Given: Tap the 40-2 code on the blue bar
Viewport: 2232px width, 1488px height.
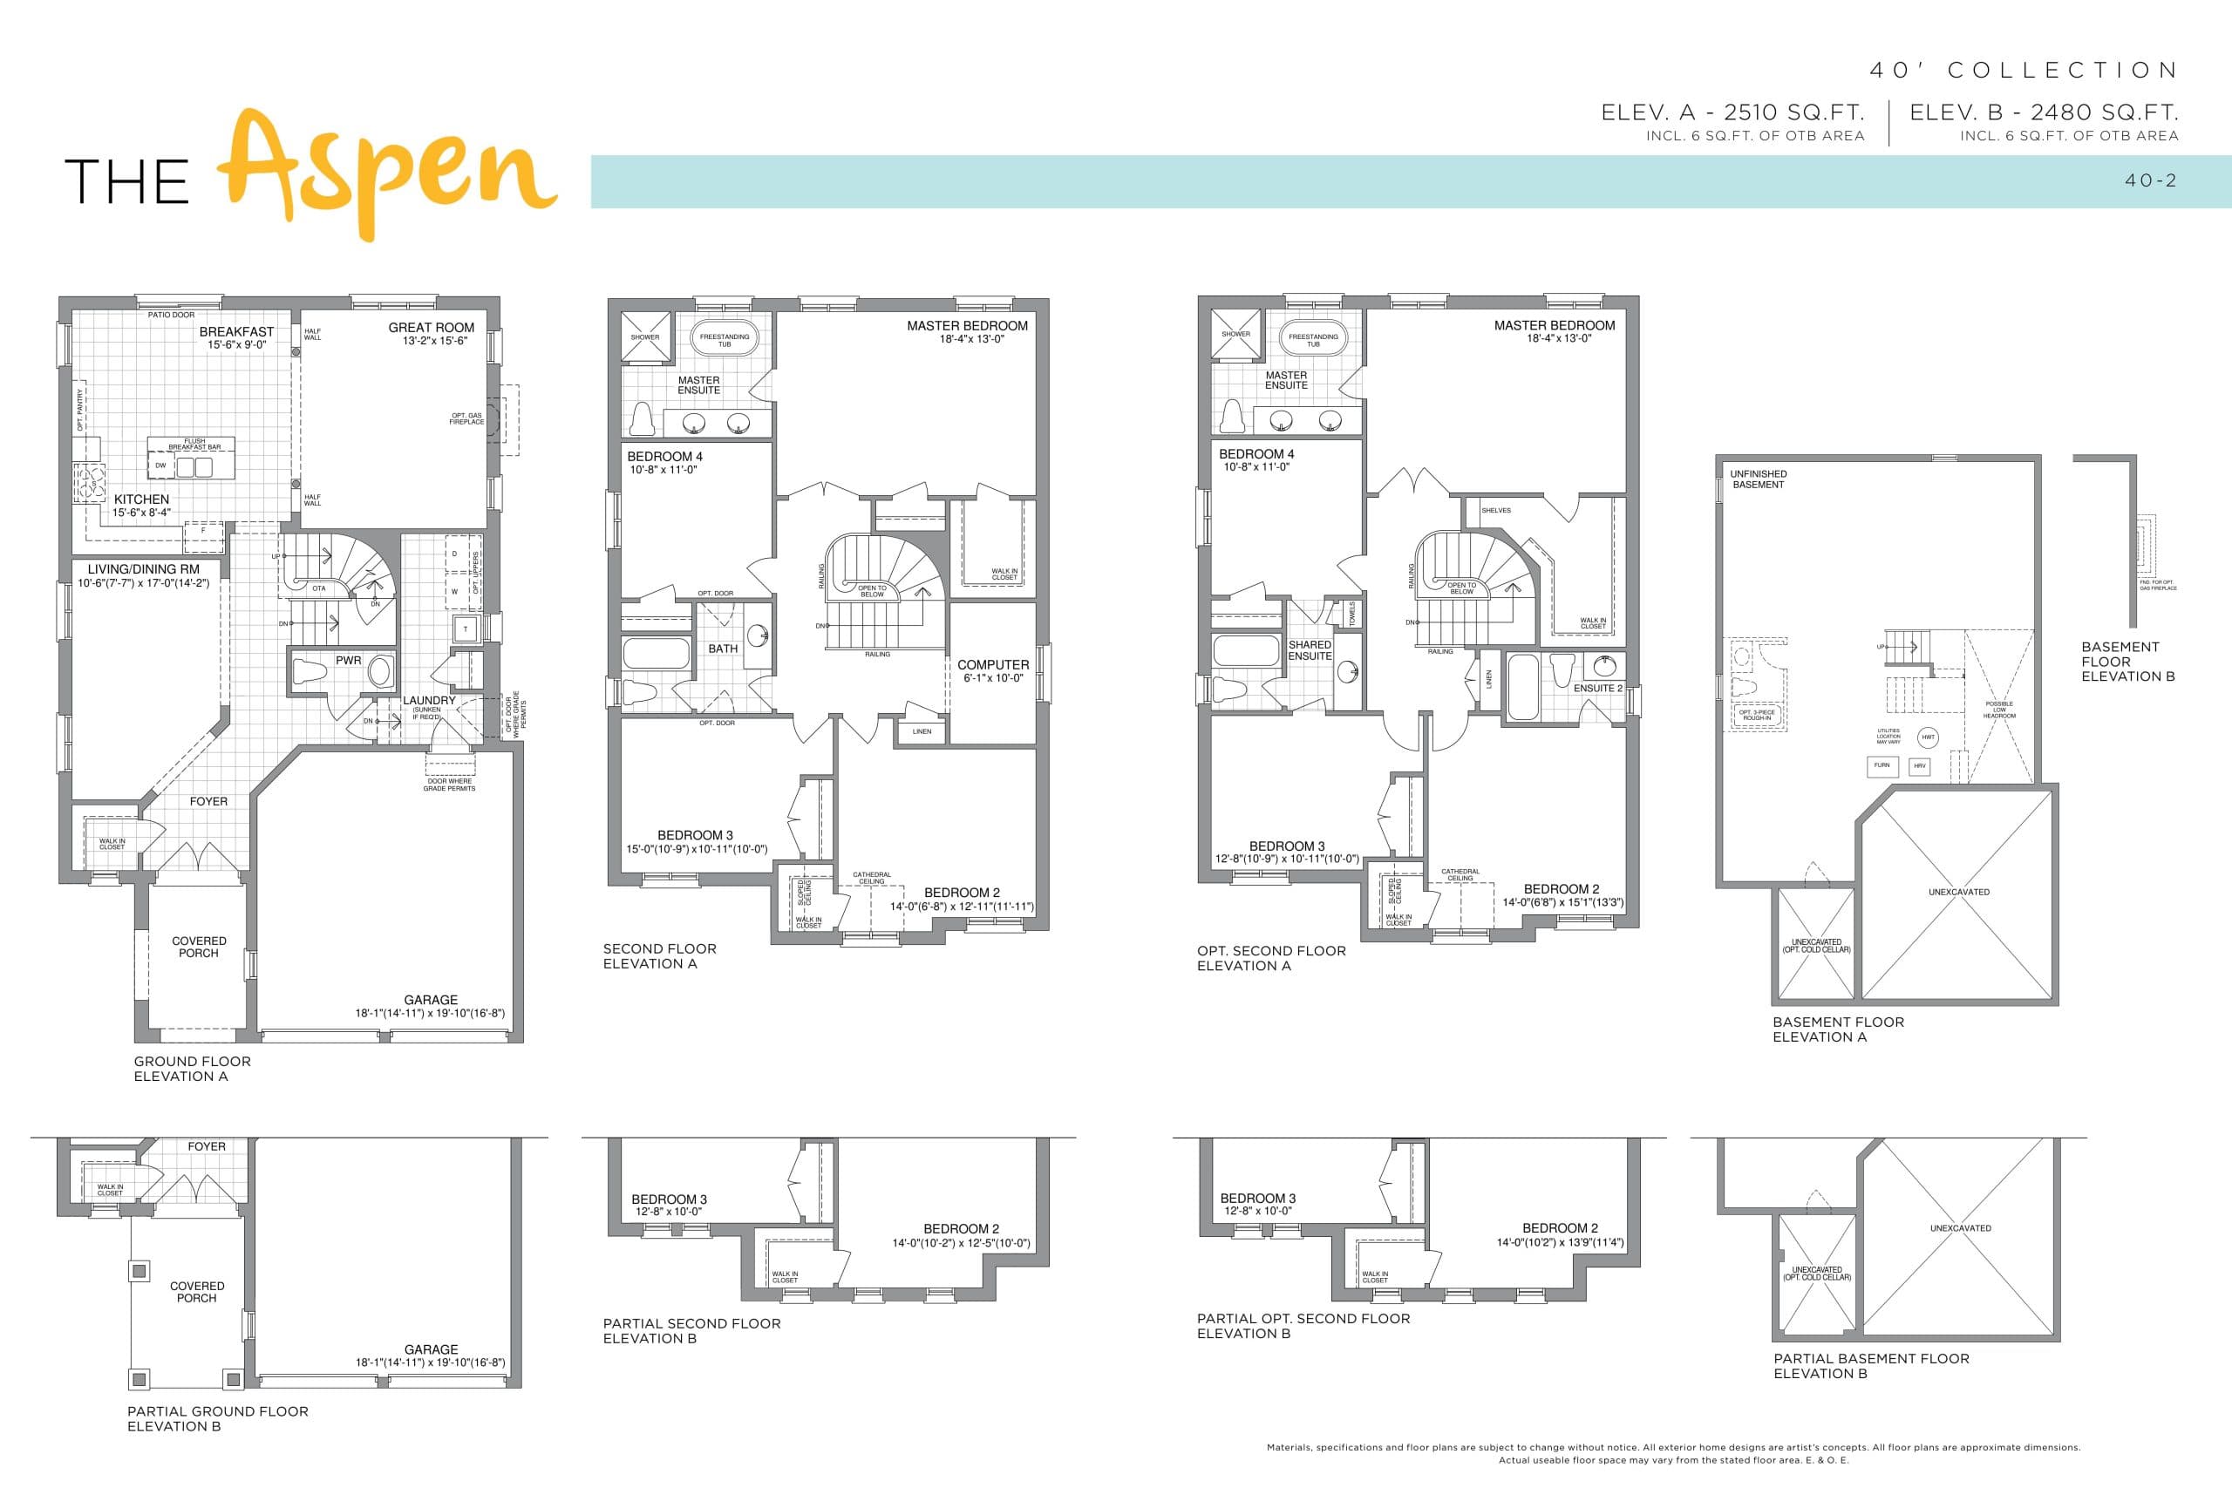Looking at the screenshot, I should tap(2150, 180).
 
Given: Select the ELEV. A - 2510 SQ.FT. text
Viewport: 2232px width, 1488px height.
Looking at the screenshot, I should tap(1732, 112).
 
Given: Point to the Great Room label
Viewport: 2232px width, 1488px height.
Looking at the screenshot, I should tap(431, 328).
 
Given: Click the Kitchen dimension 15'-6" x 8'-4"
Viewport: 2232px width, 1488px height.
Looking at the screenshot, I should tap(141, 513).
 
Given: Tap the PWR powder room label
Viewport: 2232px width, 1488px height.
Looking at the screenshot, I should tap(348, 661).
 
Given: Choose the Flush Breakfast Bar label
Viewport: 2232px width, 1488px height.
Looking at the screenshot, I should tap(194, 444).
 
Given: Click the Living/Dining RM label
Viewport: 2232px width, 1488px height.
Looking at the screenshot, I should tap(143, 569).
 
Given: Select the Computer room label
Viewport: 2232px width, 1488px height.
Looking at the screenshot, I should tap(993, 665).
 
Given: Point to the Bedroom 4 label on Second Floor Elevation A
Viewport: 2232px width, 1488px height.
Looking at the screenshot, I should tap(664, 457).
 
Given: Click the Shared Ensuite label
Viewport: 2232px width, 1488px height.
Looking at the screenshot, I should tap(1310, 650).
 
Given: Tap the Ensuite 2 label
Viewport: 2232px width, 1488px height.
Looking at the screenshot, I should tap(1598, 688).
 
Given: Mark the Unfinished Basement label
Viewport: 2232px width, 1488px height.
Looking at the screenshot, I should tap(1758, 479).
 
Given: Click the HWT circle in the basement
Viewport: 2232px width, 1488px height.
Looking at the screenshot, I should tap(1928, 737).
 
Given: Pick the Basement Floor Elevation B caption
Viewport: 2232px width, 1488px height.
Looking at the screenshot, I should tap(2127, 662).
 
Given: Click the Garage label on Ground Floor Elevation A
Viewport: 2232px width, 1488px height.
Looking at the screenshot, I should tap(431, 999).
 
